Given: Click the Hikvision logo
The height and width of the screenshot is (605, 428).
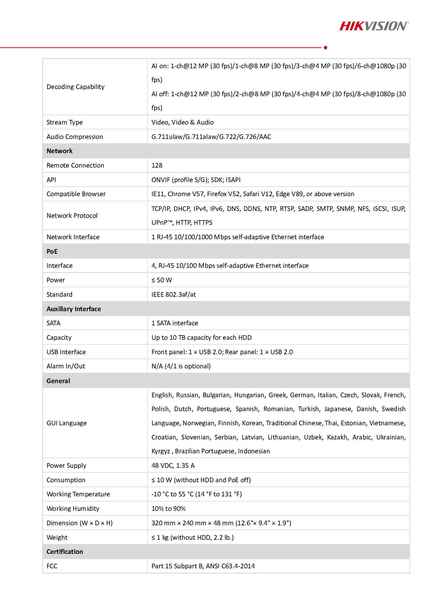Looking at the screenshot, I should (374, 26).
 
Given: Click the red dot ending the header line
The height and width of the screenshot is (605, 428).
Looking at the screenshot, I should (325, 48).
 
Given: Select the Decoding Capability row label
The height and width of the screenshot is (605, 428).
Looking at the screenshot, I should (75, 87).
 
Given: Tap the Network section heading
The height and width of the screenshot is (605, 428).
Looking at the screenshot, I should (59, 151).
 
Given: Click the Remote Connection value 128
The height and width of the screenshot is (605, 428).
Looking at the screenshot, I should (157, 165).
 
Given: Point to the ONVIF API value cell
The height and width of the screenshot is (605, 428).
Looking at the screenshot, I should (196, 180).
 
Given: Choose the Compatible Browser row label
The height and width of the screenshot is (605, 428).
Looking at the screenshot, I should (76, 194).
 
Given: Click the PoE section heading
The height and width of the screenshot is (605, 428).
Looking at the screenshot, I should (52, 251).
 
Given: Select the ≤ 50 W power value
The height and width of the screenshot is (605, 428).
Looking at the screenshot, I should (161, 280).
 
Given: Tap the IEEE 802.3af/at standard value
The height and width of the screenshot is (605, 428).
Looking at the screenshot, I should (174, 295).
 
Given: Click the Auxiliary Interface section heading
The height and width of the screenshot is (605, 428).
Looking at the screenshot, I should (74, 309).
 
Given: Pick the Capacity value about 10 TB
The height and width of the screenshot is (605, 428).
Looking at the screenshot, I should (201, 338).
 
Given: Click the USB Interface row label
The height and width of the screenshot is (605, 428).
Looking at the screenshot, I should (66, 352).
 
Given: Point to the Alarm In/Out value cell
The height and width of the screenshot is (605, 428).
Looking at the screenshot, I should (181, 366).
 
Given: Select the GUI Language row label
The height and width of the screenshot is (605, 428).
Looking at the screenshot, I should (67, 423).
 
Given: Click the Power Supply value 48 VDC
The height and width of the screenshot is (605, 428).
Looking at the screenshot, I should (173, 466).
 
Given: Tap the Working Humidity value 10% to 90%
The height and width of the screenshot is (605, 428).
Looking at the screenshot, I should (168, 509).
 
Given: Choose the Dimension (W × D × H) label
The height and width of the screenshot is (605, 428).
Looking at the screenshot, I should (80, 523).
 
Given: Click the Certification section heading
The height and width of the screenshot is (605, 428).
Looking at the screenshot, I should (65, 552).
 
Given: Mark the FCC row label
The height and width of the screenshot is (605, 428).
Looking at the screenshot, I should (52, 566).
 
